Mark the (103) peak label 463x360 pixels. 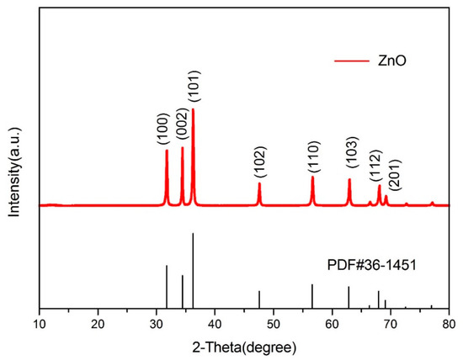point(349,154)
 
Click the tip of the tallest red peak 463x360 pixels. point(193,109)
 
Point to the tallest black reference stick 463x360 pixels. point(193,269)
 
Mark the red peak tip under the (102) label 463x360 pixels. point(259,183)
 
